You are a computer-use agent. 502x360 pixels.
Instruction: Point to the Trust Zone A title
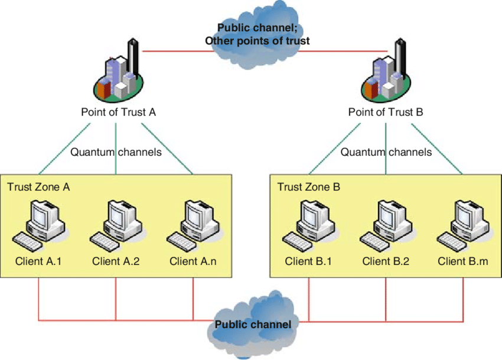[38, 187]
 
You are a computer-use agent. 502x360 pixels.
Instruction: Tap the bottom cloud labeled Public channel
[252, 325]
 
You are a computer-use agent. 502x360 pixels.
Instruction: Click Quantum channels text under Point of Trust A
[116, 152]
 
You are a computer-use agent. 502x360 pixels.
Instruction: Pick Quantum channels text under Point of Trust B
[386, 152]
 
